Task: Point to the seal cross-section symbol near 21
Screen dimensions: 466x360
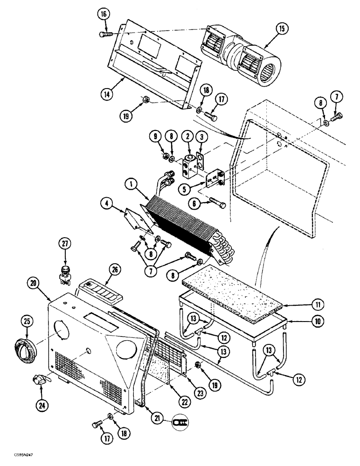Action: point(179,421)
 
